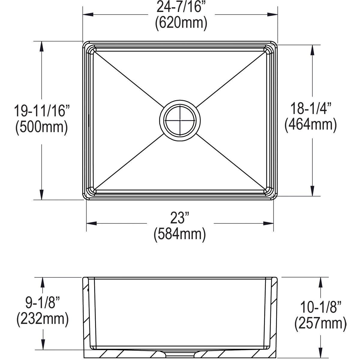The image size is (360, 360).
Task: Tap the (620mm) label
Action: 181,23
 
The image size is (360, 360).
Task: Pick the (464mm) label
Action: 310,124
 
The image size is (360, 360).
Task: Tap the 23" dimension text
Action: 179,218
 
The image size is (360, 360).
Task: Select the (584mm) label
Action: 180,234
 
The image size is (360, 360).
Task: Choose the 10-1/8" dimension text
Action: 321,307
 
